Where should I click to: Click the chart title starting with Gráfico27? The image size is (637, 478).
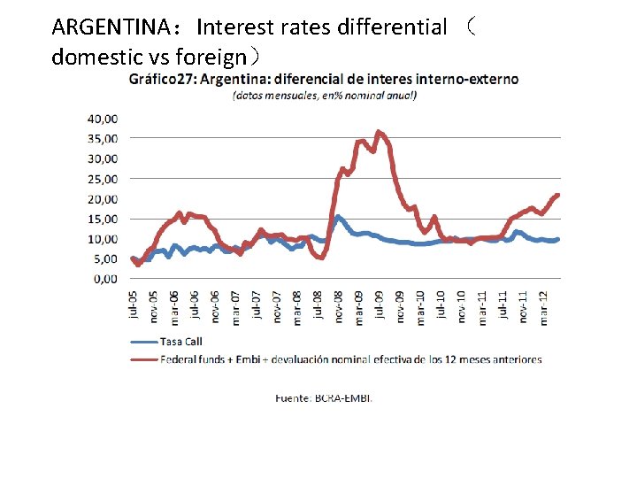pos(324,79)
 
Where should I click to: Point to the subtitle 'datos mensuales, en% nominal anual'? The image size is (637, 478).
pos(324,96)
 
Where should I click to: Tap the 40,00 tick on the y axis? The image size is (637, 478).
pos(104,118)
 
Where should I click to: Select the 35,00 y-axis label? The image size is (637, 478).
pos(104,138)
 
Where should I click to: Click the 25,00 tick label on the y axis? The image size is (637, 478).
pos(104,179)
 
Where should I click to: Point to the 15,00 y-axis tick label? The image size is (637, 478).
pos(104,219)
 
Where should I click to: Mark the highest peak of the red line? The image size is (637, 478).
pos(378,132)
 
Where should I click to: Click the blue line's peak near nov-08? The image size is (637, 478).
pos(337,216)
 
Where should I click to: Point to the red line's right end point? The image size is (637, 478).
pos(558,195)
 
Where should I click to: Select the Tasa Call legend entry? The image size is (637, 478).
pos(180,342)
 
